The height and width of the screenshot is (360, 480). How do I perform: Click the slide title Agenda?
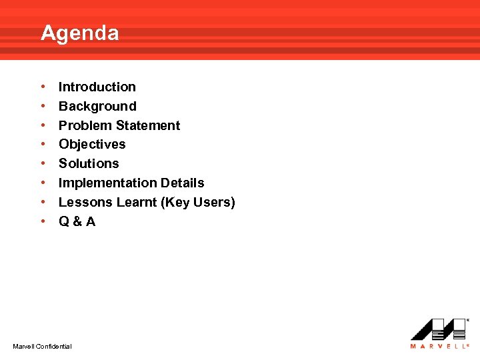(x=80, y=33)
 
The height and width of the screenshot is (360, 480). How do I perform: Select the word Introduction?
(x=97, y=87)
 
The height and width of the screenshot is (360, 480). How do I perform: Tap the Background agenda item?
(x=97, y=106)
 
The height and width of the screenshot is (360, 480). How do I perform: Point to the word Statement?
(x=148, y=125)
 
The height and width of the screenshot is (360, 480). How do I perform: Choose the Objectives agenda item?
(x=92, y=144)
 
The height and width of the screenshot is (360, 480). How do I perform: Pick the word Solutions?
(x=89, y=163)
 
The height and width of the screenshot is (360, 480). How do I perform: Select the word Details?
(x=183, y=183)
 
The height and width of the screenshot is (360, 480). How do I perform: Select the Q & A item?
(x=77, y=221)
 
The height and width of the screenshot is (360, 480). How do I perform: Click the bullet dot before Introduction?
(x=43, y=87)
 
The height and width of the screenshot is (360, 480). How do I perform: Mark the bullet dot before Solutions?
(x=43, y=163)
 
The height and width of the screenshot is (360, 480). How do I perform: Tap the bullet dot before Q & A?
(x=43, y=221)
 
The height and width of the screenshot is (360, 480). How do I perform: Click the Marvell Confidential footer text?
(x=42, y=346)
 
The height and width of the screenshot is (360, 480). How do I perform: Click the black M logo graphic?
(x=437, y=329)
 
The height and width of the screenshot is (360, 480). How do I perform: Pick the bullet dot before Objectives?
(x=43, y=144)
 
